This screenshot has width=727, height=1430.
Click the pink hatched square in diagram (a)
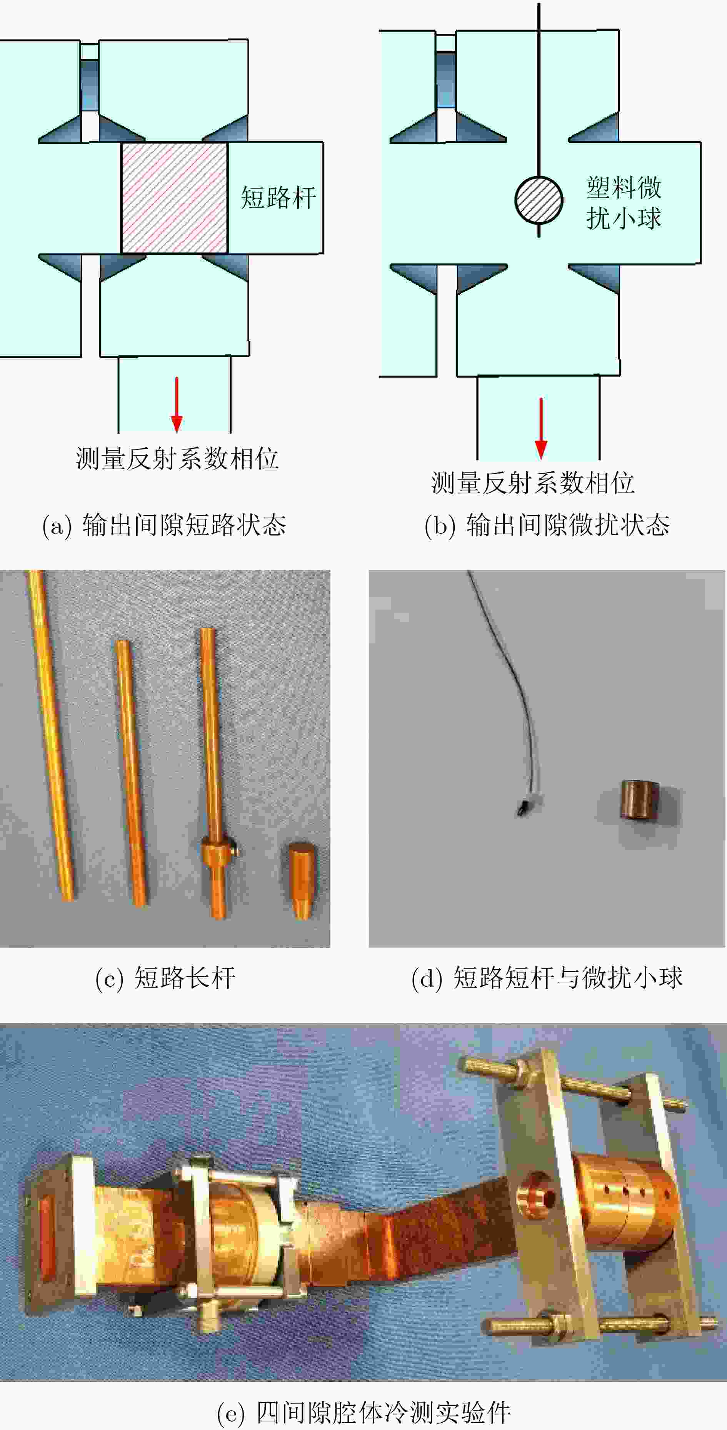coord(174,198)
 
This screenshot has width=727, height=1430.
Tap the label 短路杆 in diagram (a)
coord(278,198)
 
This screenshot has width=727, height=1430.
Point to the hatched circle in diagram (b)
coord(538,200)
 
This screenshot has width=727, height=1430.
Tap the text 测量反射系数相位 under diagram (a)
coord(177,459)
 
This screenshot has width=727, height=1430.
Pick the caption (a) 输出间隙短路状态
coord(164,525)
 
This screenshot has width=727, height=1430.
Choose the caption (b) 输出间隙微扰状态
coord(547,525)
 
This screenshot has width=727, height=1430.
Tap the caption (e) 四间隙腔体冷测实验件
coord(363,1412)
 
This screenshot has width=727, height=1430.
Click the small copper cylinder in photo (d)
coord(640,800)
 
